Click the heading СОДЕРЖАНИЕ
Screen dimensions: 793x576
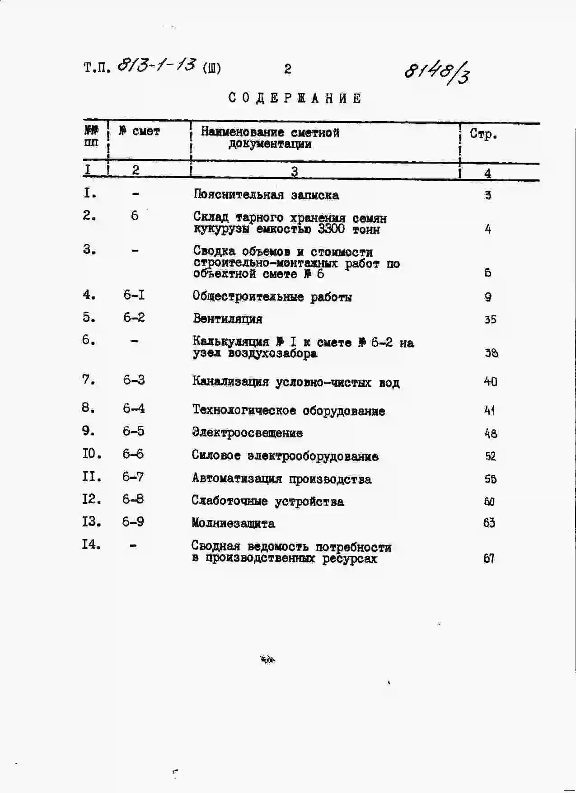[295, 98]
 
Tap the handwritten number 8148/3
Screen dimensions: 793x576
[437, 72]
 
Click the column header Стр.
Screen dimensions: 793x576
[483, 134]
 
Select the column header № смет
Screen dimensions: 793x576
[139, 131]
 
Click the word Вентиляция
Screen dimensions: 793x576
[227, 319]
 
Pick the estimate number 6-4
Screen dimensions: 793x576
[134, 408]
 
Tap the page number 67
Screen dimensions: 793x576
[489, 558]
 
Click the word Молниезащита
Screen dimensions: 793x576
[233, 523]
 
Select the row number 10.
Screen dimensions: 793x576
[92, 454]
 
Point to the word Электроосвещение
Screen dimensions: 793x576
[247, 432]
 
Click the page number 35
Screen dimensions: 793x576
[490, 319]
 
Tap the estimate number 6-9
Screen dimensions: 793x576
[133, 522]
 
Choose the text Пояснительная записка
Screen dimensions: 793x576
[266, 195]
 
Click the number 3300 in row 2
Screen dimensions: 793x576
[331, 229]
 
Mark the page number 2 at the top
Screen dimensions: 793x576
[287, 69]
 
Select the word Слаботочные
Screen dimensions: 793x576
[229, 501]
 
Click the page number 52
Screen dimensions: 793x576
[490, 456]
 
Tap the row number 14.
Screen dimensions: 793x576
[91, 544]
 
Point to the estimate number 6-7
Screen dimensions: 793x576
[133, 477]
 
